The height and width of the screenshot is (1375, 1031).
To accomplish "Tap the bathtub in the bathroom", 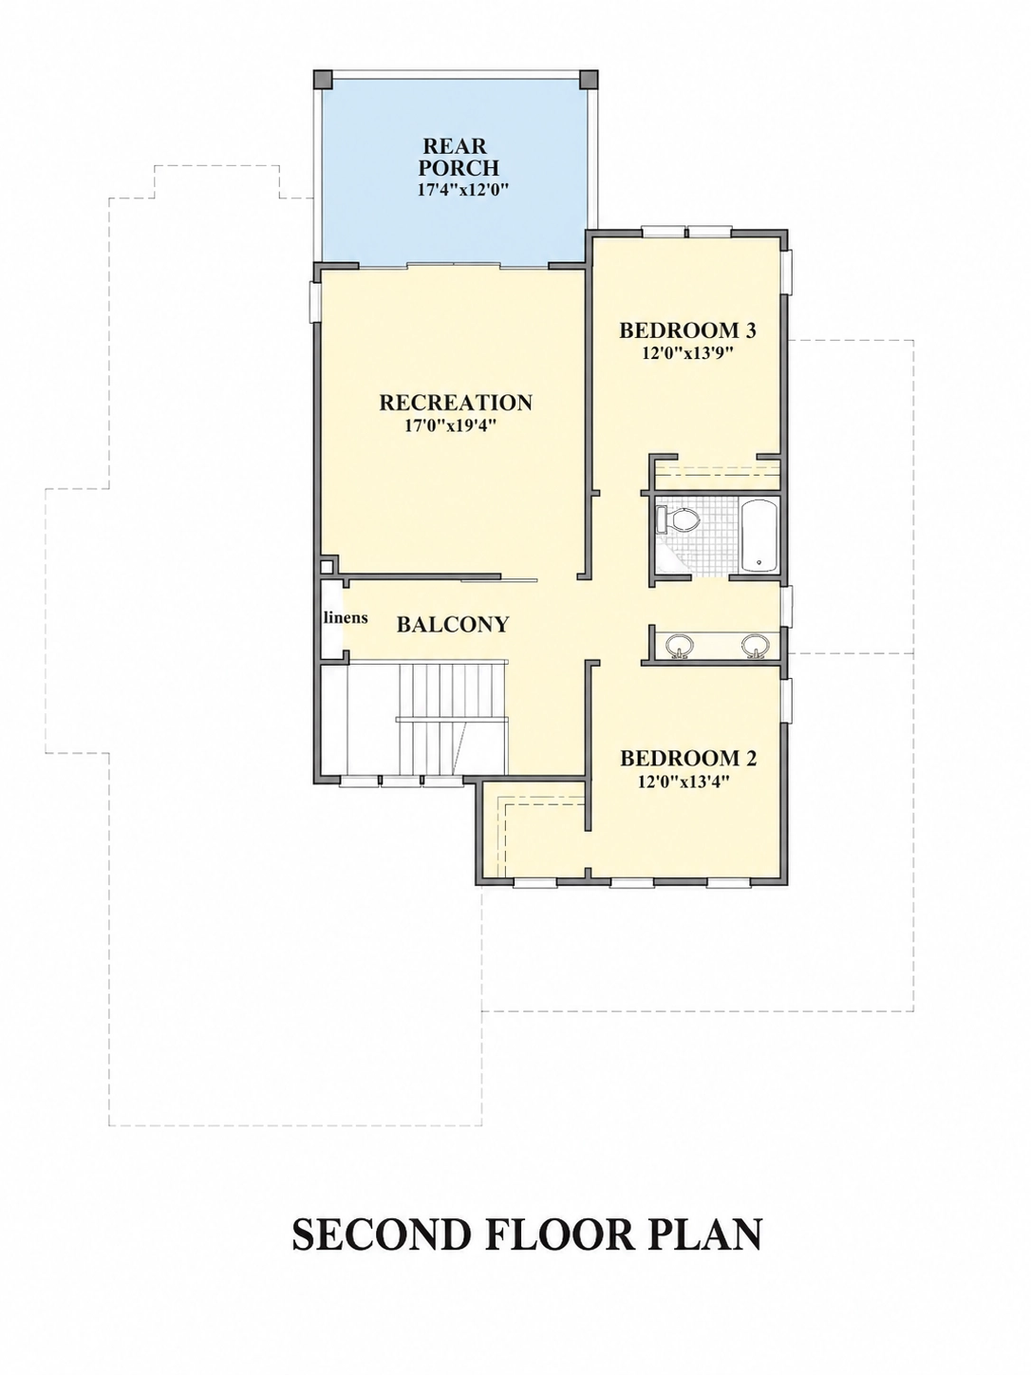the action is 759,536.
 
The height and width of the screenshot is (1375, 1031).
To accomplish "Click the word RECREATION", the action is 456,403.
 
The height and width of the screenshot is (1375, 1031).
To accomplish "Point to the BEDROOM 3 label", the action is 687,330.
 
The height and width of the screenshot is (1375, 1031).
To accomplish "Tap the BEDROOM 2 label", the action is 688,759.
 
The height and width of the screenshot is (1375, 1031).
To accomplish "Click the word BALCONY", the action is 453,625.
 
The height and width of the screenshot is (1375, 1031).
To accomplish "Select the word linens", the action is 346,617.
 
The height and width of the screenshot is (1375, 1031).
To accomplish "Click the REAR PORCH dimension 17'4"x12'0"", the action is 462,190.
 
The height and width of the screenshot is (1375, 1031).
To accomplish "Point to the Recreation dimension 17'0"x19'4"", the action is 451,426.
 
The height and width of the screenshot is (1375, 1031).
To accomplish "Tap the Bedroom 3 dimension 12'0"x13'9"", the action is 687,353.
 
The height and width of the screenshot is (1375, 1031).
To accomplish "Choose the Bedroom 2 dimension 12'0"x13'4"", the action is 686,782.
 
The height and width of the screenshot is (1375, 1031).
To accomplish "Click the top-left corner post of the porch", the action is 323,80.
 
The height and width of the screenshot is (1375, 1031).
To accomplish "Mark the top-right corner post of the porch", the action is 589,80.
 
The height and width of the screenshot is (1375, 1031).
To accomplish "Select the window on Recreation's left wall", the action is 316,303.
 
